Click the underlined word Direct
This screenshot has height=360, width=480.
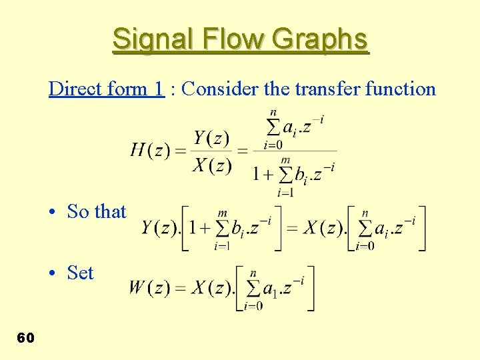[x=73, y=89]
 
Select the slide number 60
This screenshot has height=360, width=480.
[x=25, y=338]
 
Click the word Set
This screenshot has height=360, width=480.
[x=81, y=273]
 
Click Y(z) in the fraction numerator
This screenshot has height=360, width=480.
[x=211, y=138]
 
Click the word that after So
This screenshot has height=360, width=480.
[x=109, y=212]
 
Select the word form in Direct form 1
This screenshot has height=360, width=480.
[x=127, y=89]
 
